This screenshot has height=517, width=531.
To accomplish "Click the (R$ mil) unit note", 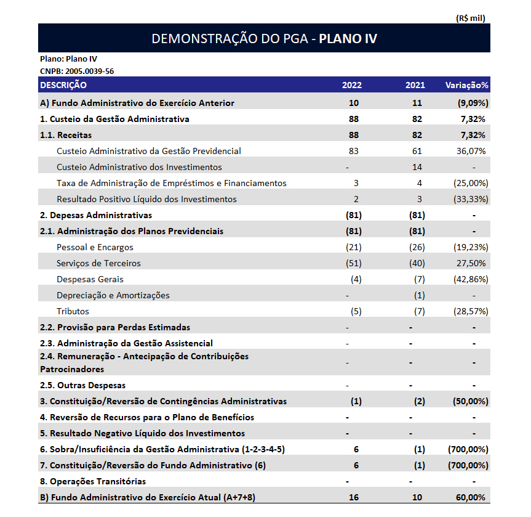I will pos(471,18).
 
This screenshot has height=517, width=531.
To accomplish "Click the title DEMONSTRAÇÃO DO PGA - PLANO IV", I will pos(264,39).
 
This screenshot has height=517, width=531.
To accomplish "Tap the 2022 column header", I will pos(352,85).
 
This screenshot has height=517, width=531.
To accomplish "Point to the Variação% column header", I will pos(466,85).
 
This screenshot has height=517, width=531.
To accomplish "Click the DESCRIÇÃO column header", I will pos(63,85).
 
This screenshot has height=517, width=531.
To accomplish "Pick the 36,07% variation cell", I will pos(471,151).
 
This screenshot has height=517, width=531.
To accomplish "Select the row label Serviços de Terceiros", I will pos(98,263).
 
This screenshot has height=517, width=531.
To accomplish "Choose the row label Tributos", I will pos(73,311).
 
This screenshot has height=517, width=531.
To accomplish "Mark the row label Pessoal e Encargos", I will pos(95,247).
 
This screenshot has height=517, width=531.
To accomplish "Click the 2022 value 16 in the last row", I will pos(353,497).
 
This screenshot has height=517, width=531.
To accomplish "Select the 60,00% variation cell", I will pos(471,497).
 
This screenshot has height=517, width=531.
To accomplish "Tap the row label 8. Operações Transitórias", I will pos(93,481).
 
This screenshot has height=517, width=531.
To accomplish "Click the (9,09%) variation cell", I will pos(469,103).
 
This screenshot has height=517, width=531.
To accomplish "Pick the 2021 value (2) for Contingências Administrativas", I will pos(418,401).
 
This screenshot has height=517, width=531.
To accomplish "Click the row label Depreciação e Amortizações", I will pos(113,295).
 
